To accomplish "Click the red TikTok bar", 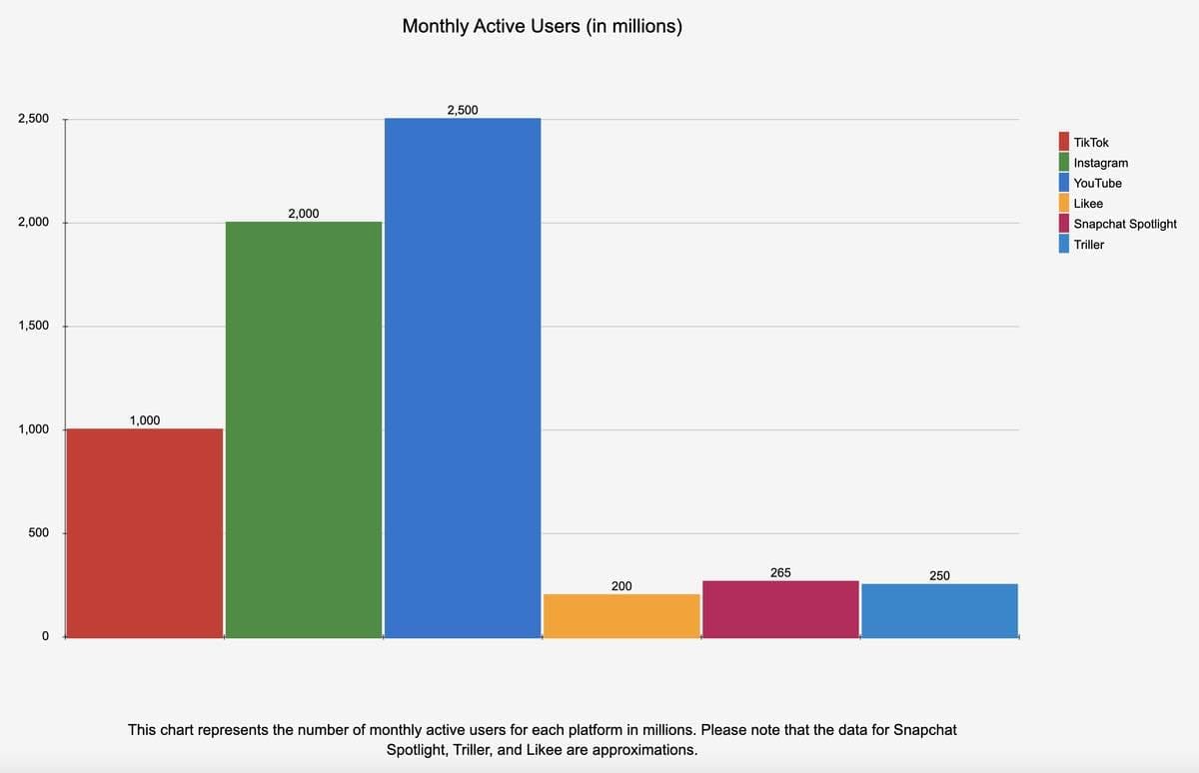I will [144, 532].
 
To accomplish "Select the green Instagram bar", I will [304, 429].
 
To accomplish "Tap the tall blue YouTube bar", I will [463, 378].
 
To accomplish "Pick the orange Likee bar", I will [621, 615].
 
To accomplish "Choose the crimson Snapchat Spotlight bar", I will [780, 608].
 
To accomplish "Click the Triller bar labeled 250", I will [939, 610].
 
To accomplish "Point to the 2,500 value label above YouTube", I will [463, 110].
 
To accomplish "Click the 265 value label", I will [780, 572].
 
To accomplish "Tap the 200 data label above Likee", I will [621, 585].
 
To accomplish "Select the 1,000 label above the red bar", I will [144, 420].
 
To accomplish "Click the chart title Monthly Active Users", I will [542, 27].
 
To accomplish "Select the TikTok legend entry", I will [1090, 143].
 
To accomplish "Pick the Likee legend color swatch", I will [1065, 204].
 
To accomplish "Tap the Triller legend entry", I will [1088, 245].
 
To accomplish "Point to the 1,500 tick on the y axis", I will [33, 327].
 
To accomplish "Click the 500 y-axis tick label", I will [39, 533].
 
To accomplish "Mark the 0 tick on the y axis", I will [44, 637].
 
